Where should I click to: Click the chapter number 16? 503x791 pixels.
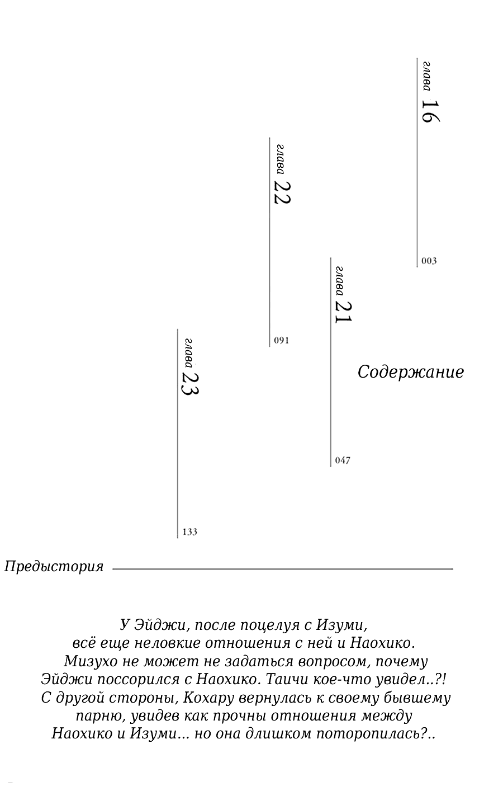click(x=430, y=111)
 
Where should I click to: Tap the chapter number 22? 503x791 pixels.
click(x=283, y=192)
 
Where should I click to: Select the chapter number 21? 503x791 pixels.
click(x=344, y=312)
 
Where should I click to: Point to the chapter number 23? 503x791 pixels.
click(x=191, y=383)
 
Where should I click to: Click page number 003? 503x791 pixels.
click(x=429, y=261)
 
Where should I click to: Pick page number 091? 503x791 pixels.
click(x=282, y=340)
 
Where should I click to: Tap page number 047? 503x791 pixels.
click(x=343, y=460)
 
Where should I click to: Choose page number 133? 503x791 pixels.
click(x=190, y=532)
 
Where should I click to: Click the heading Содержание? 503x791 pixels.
click(x=411, y=372)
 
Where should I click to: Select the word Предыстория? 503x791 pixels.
click(x=54, y=567)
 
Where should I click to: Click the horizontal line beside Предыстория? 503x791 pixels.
click(x=282, y=569)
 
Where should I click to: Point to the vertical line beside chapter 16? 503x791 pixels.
click(x=417, y=162)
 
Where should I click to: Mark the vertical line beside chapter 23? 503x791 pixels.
click(x=178, y=434)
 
